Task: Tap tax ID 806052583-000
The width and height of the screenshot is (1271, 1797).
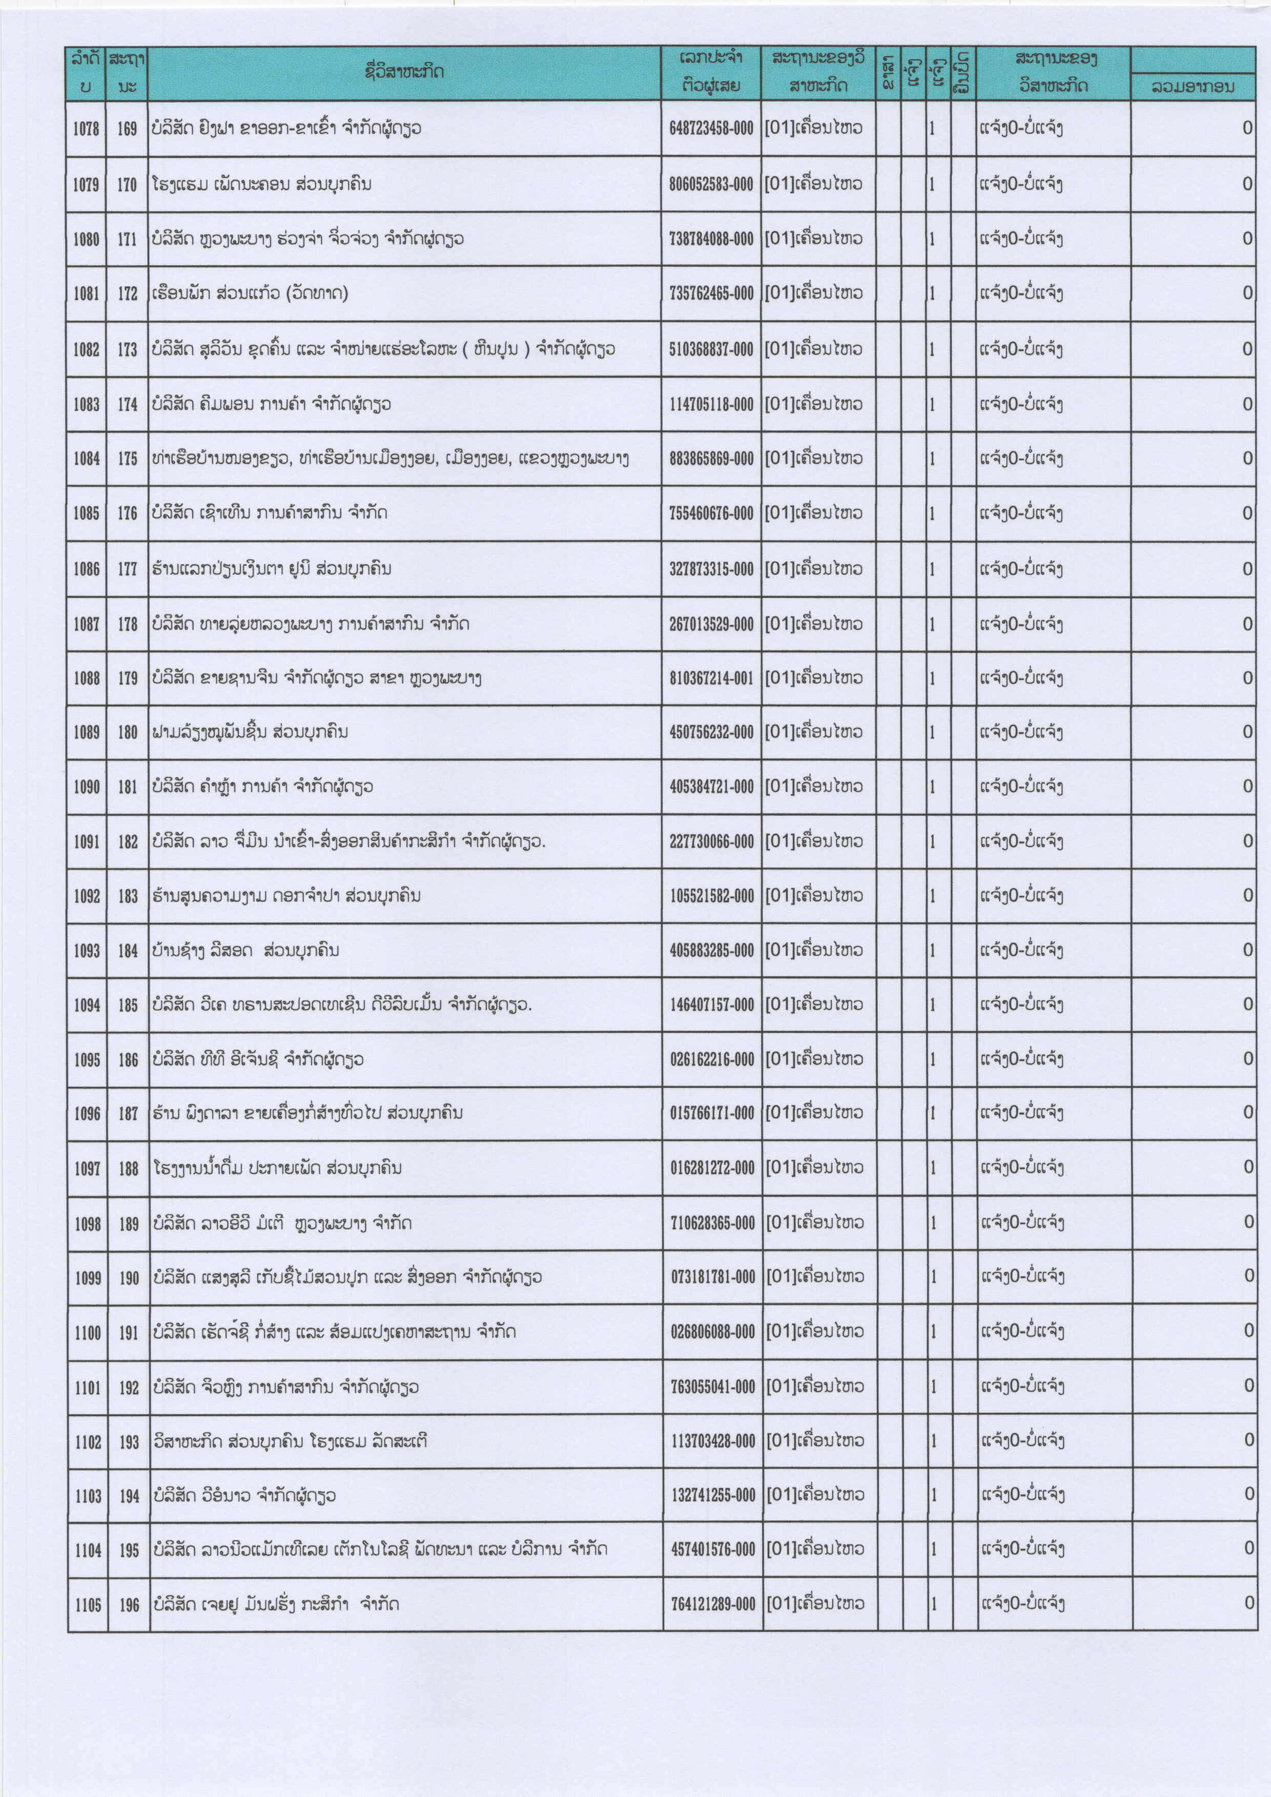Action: click(x=711, y=184)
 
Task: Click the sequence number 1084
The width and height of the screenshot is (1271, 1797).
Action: click(x=86, y=459)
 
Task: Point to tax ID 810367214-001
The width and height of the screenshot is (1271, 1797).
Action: click(x=711, y=678)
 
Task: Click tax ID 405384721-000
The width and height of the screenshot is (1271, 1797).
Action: click(x=711, y=787)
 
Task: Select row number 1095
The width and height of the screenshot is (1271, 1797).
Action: click(x=87, y=1060)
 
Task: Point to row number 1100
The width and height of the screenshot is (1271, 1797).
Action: click(x=88, y=1332)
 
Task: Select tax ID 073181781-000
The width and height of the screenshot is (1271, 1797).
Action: click(x=712, y=1277)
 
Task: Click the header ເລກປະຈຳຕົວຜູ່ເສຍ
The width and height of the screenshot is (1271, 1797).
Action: click(x=711, y=72)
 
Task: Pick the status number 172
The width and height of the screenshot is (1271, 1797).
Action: click(x=128, y=294)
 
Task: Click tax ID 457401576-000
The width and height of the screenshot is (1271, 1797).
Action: click(x=713, y=1549)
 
